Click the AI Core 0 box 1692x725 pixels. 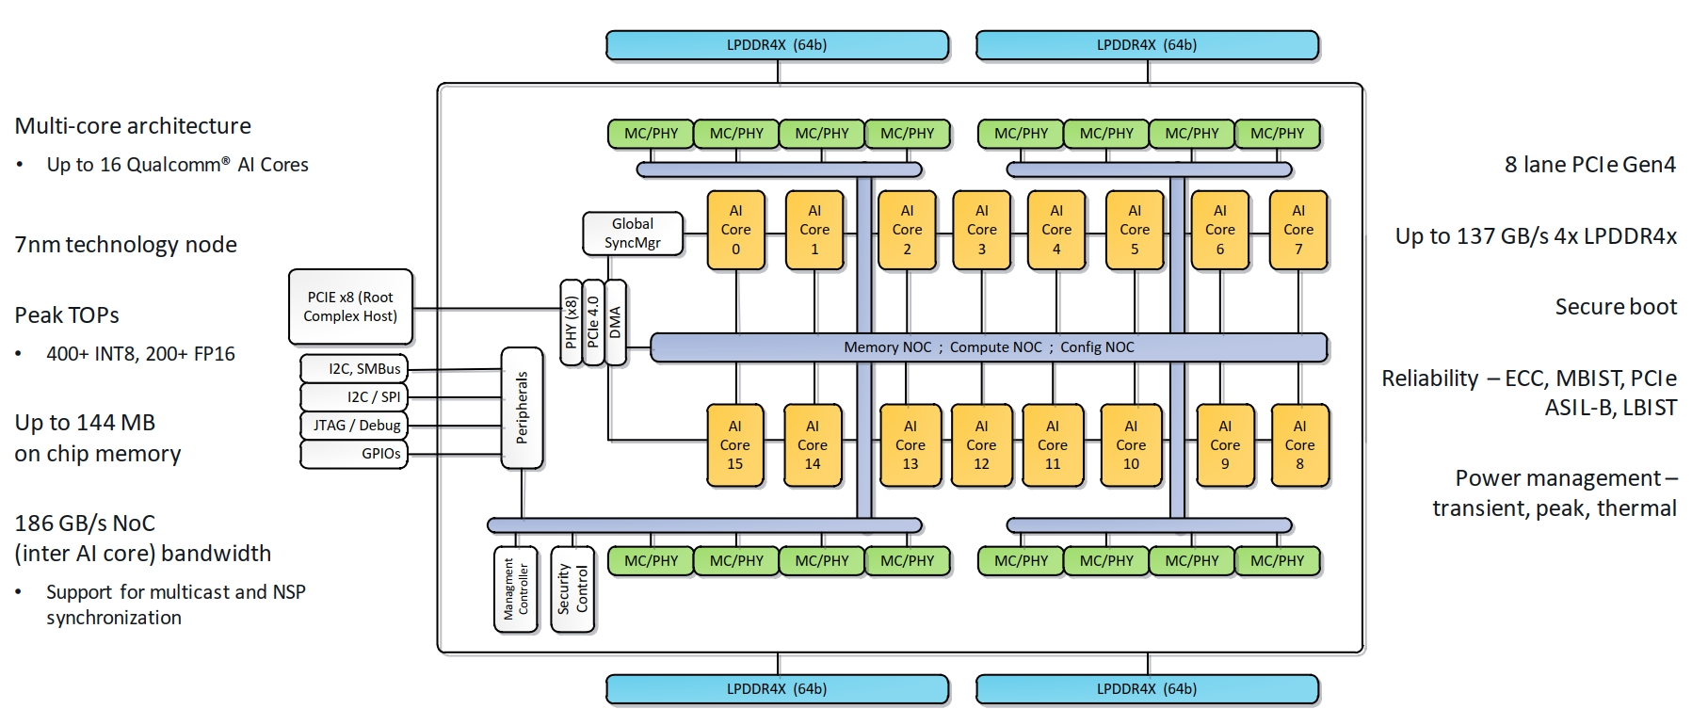point(735,230)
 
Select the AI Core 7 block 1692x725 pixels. point(1297,230)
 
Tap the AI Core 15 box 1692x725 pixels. point(734,445)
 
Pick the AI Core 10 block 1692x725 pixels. point(1130,445)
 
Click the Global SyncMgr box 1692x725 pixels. point(632,234)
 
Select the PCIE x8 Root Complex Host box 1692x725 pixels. point(350,307)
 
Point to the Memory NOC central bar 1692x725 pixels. point(988,347)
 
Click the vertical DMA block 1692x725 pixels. point(616,322)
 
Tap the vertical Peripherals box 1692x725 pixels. point(522,408)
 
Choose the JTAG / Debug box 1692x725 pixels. point(354,426)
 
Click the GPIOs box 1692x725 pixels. point(354,454)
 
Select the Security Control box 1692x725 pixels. point(572,589)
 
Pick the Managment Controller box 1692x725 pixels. point(516,589)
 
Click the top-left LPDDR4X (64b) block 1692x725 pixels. point(777,45)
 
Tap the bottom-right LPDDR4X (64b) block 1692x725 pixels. point(1147,689)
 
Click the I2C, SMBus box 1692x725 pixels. point(354,369)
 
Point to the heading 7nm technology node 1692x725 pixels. point(126,245)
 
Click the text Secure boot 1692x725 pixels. point(1615,307)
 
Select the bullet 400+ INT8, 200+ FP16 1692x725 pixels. point(140,354)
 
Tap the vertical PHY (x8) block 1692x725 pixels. point(571,322)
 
